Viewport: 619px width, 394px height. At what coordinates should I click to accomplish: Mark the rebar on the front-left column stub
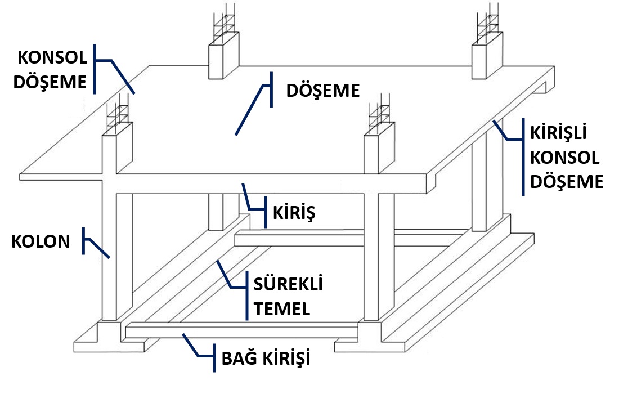tap(119, 115)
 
